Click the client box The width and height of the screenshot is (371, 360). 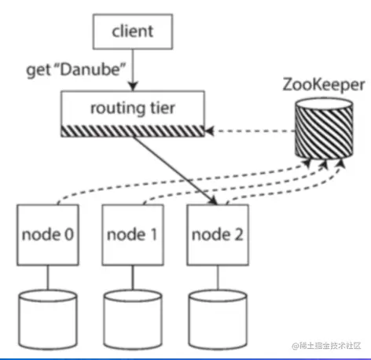pos(132,32)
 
